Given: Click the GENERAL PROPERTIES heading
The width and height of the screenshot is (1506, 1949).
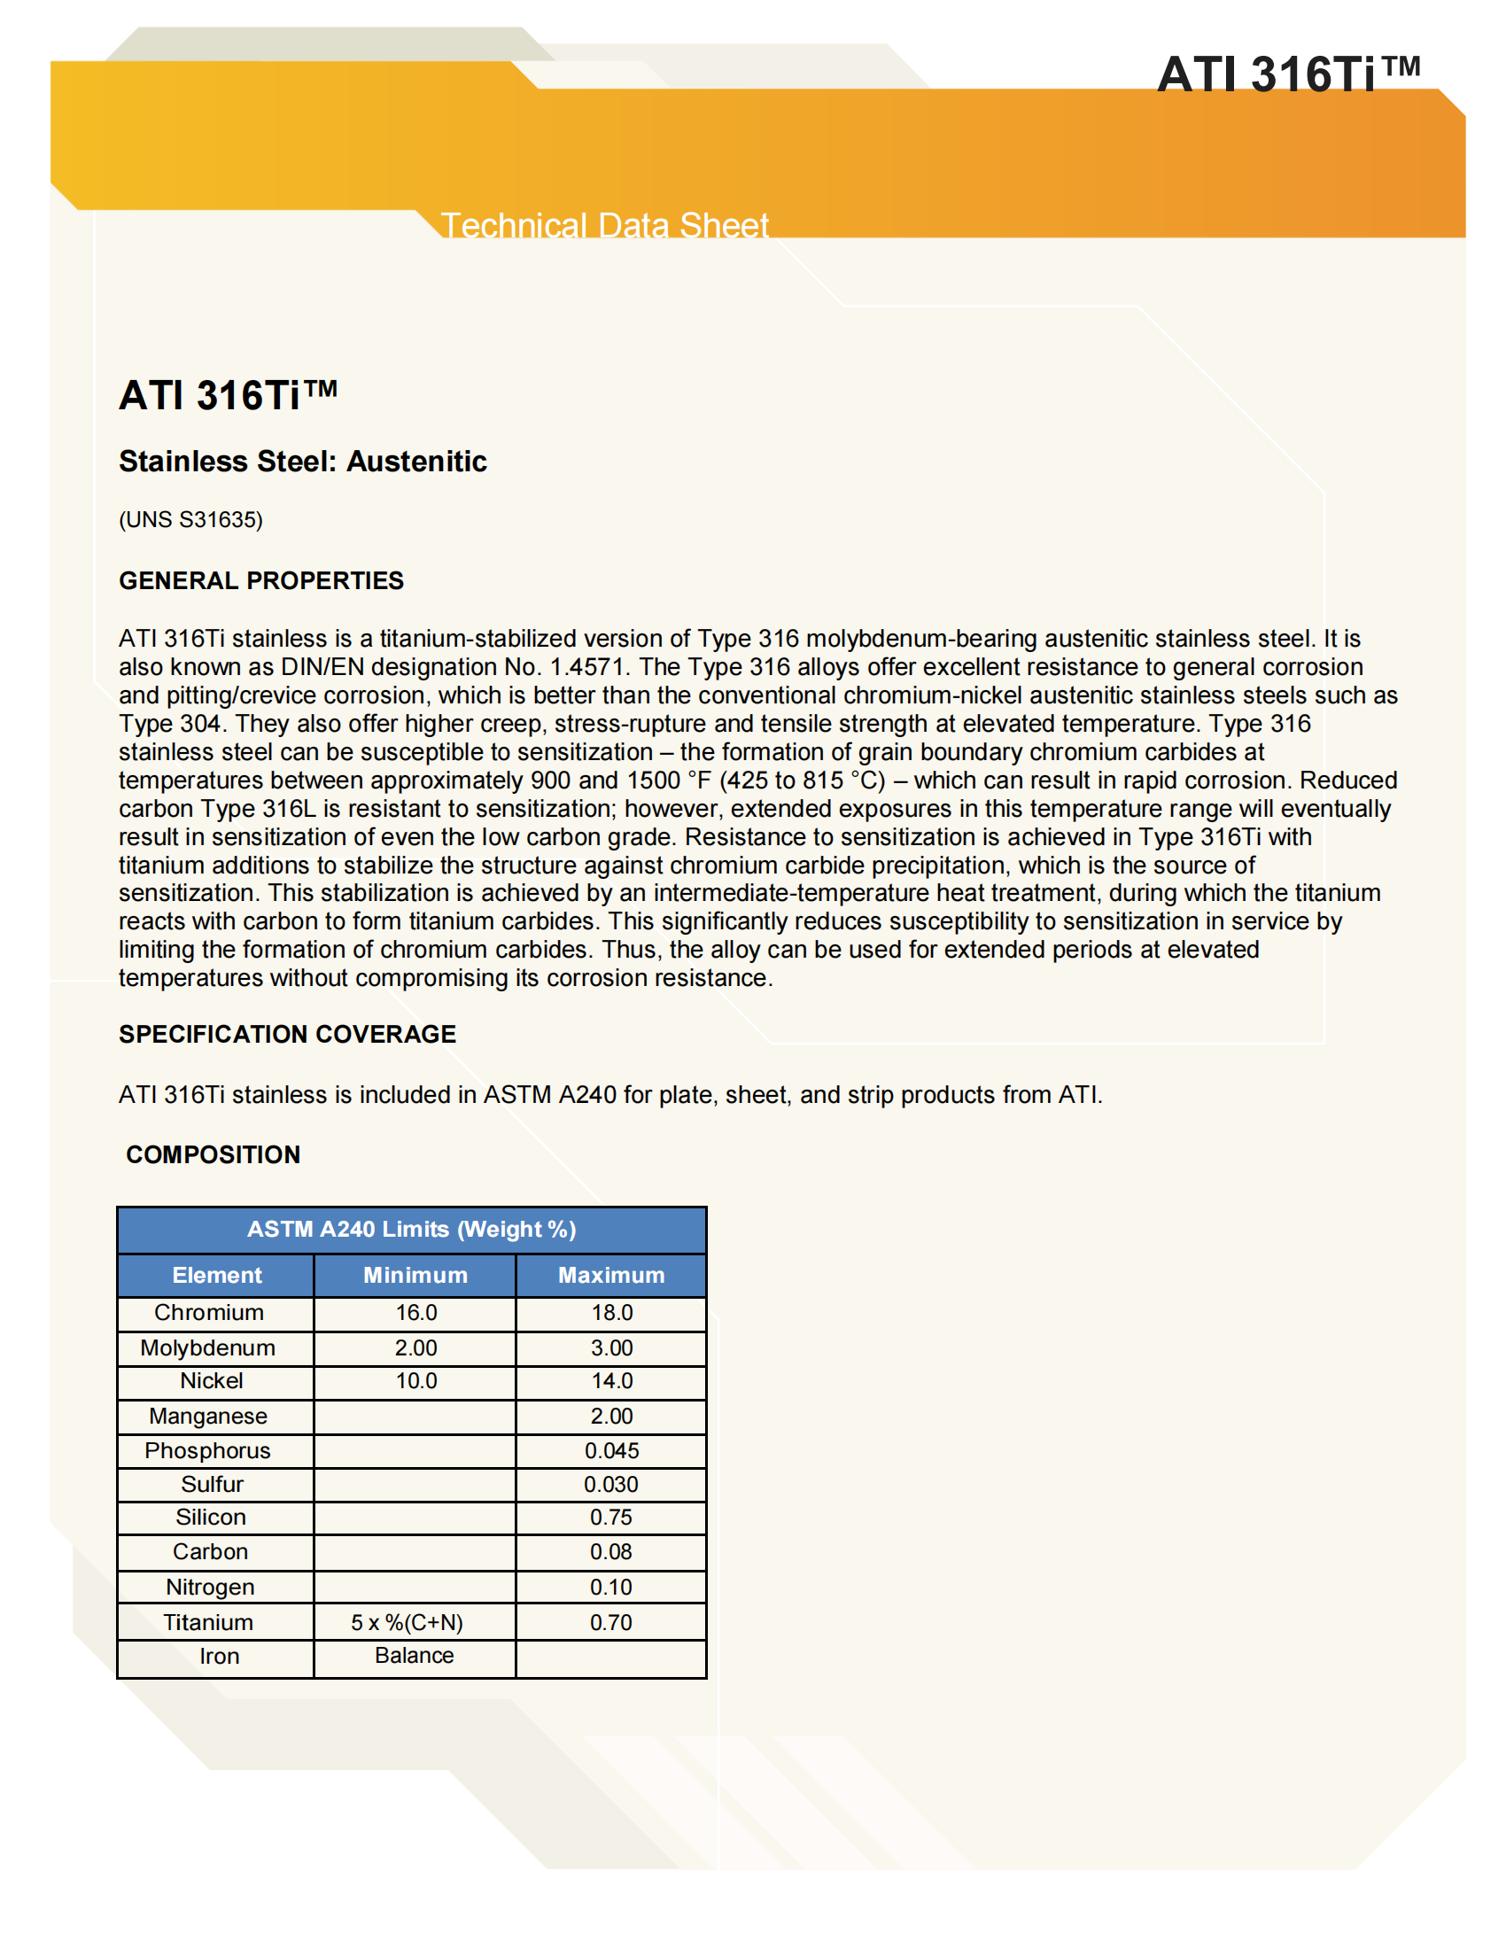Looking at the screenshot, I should tap(260, 580).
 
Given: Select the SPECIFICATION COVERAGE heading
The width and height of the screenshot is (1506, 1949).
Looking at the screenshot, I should tap(286, 1033).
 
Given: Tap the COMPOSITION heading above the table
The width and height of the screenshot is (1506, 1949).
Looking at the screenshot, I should tap(213, 1153).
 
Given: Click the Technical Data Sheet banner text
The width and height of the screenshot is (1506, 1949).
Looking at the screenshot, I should tap(604, 225).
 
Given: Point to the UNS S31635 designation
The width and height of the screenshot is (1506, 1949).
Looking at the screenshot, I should tap(191, 519).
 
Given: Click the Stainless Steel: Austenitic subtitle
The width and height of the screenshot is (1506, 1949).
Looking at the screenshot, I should tap(302, 462).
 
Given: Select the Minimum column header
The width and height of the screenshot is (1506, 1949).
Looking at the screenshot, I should tap(415, 1275).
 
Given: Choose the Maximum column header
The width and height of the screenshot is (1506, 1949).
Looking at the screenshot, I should tap(611, 1275).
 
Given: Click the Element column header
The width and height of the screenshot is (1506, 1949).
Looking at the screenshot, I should tap(217, 1275).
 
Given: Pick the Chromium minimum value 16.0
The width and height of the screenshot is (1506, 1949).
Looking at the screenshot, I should tap(415, 1313).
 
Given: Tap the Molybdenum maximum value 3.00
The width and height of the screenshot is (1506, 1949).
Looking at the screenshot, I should tap(611, 1347).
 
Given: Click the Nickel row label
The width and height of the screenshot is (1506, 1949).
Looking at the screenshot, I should tap(212, 1380).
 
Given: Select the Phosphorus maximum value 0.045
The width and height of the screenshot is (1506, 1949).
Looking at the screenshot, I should tap(611, 1450).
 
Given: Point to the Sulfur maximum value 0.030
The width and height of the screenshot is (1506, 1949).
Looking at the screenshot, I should tap(611, 1484).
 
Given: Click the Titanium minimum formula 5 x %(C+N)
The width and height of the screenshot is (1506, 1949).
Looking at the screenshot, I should tap(407, 1622).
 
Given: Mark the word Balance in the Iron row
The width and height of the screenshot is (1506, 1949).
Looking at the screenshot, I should tap(414, 1656).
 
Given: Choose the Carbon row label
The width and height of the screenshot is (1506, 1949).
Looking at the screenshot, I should tap(211, 1552).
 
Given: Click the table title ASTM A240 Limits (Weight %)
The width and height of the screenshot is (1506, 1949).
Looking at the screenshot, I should tap(411, 1229).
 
